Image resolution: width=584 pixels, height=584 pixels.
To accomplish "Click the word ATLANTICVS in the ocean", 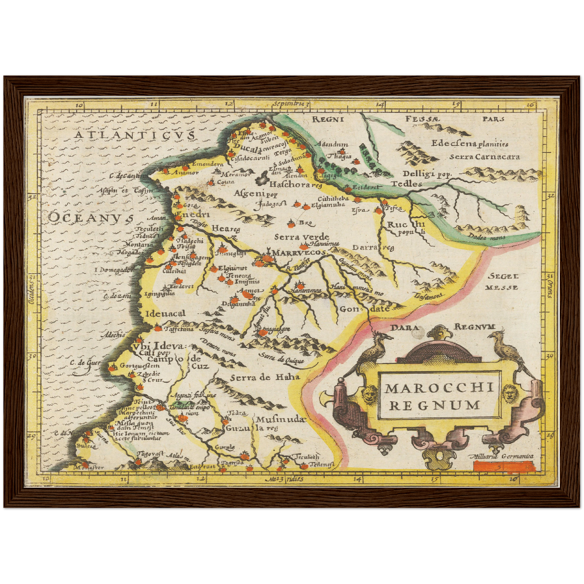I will pos(135,135).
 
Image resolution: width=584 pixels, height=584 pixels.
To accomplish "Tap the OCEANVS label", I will pos(91,217).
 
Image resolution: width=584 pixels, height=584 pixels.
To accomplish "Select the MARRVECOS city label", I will pos(299,253).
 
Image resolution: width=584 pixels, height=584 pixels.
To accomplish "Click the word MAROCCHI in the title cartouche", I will pos(439,388).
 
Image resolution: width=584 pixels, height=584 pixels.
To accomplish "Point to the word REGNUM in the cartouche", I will pos(435,405).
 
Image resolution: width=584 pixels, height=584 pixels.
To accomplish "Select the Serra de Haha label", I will pos(265,377).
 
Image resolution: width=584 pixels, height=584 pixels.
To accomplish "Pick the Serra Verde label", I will pos(301,237).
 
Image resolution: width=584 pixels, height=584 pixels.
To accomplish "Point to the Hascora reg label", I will pos(295,185).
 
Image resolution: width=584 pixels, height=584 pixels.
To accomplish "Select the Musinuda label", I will pos(280,420).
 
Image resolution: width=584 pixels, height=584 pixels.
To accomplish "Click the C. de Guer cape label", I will pos(85,363).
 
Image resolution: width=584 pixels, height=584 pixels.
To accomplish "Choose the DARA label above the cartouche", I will pos(405,327).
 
